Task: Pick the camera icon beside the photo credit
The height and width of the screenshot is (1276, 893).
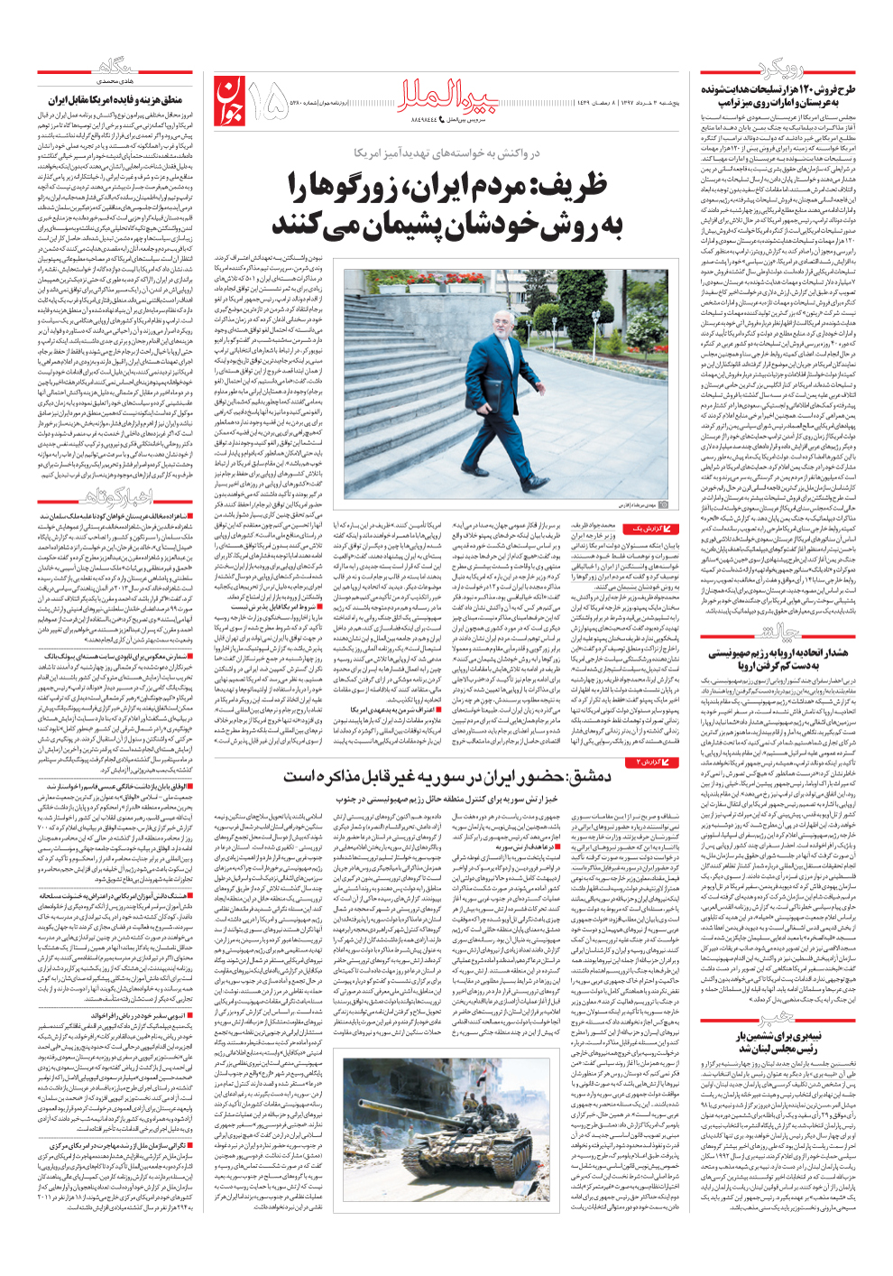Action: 666,506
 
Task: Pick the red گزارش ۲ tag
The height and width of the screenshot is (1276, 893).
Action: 653,763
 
